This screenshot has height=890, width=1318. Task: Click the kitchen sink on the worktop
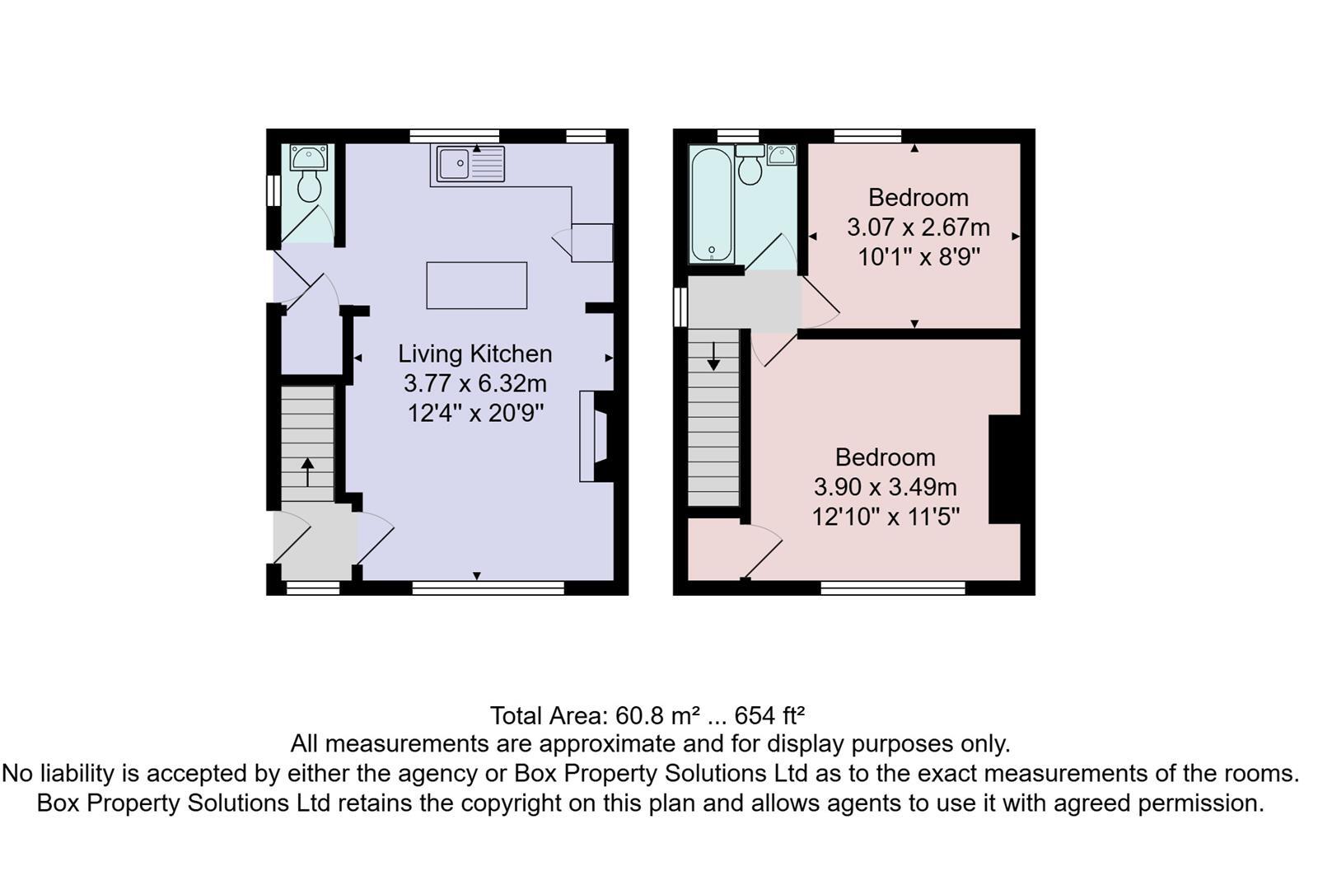(454, 164)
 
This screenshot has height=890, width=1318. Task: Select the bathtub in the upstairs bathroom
(710, 204)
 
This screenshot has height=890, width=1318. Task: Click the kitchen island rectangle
(476, 285)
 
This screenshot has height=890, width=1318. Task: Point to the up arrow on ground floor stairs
(307, 472)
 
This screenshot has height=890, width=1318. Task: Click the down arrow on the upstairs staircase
(713, 355)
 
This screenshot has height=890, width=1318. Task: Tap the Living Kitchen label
(475, 354)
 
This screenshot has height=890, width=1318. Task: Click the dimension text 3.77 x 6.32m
(475, 383)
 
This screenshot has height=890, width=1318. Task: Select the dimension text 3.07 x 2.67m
(918, 227)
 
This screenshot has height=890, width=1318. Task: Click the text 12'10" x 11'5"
(886, 517)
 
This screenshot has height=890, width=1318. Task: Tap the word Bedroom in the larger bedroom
(885, 457)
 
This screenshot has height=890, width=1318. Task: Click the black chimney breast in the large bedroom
(1004, 469)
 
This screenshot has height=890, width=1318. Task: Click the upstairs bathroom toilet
(750, 168)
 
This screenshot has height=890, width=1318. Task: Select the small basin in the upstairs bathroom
(781, 154)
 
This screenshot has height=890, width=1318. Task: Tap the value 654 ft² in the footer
(769, 714)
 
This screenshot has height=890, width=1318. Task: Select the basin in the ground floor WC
(309, 157)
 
